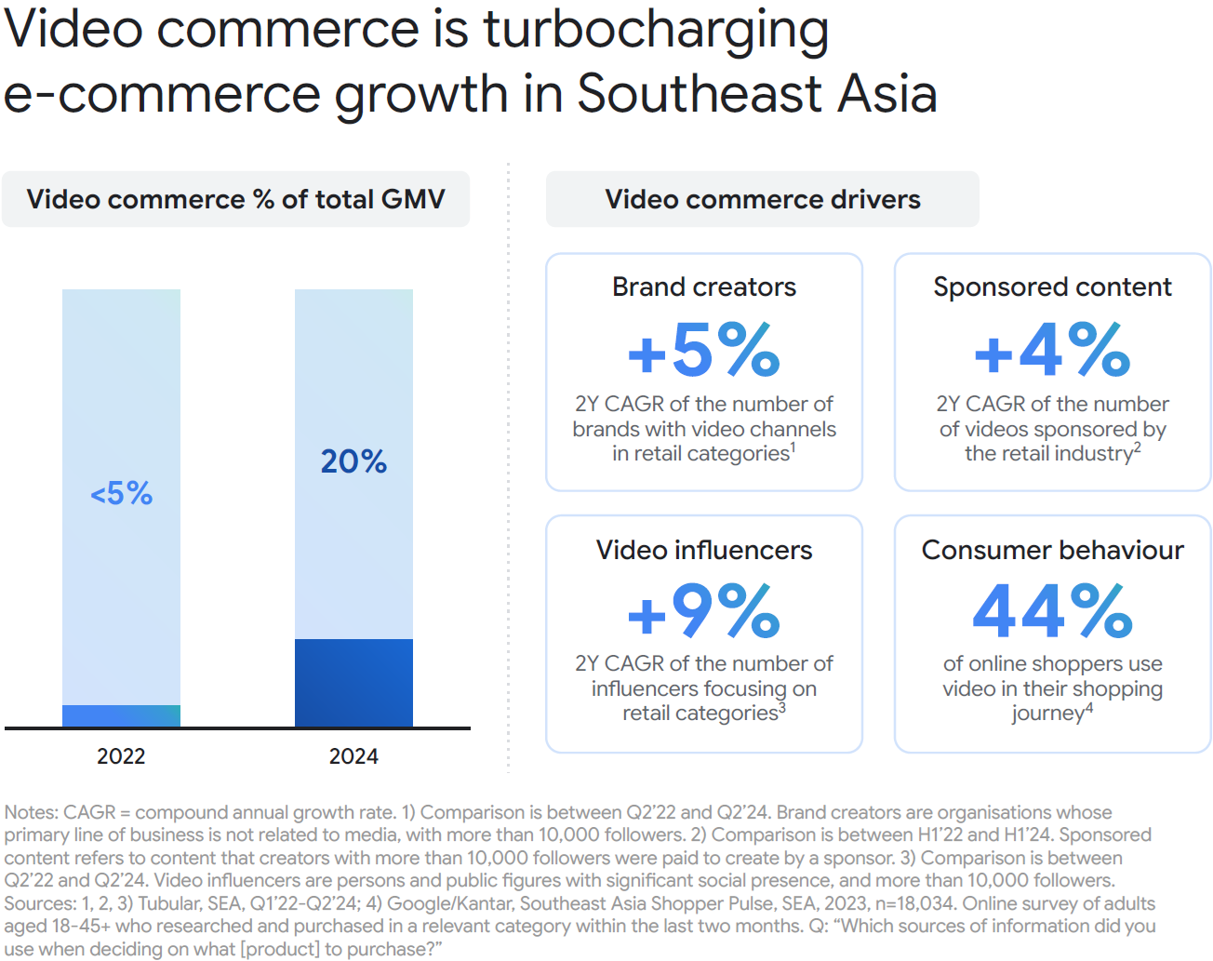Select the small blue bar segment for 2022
click(x=121, y=715)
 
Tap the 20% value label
click(x=353, y=460)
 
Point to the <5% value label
click(x=121, y=493)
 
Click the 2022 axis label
click(x=121, y=756)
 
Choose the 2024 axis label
click(x=353, y=756)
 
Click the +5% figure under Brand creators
click(x=704, y=350)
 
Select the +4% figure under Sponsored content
click(x=1052, y=350)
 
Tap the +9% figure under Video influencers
click(x=704, y=611)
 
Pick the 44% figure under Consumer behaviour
click(x=1052, y=611)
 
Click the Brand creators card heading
click(x=704, y=287)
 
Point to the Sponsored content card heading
click(x=1052, y=287)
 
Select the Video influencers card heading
click(x=704, y=550)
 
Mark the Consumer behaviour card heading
click(x=1052, y=550)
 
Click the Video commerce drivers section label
click(x=763, y=199)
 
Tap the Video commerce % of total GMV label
click(x=235, y=199)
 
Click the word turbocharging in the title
click(x=656, y=30)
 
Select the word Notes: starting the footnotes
click(x=31, y=812)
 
